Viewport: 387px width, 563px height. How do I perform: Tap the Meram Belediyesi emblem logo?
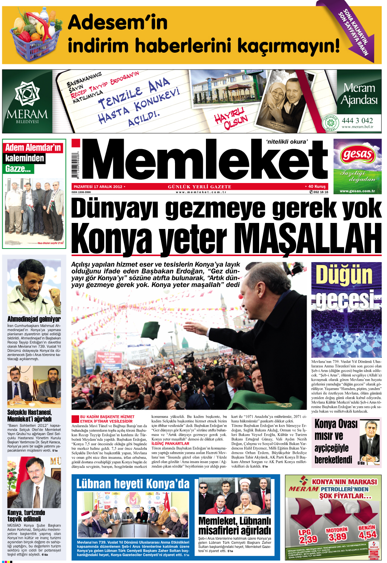[x=27, y=94]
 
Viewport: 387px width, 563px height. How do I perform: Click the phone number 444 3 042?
[x=357, y=121]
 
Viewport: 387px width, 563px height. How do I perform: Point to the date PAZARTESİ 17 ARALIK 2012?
[x=98, y=186]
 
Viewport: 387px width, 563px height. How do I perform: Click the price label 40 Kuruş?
[x=316, y=186]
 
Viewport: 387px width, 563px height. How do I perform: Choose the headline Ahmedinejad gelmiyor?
[x=34, y=319]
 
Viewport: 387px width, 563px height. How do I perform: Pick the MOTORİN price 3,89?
[x=337, y=536]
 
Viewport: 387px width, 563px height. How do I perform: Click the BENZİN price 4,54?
[x=367, y=534]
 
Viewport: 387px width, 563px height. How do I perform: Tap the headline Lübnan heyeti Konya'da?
[x=133, y=484]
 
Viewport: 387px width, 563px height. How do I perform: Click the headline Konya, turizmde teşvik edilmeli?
[x=26, y=516]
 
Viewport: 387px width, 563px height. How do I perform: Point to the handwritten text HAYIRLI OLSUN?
[x=231, y=118]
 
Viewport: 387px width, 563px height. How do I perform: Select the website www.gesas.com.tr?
[x=357, y=191]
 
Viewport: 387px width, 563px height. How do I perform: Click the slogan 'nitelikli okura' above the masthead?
[x=287, y=142]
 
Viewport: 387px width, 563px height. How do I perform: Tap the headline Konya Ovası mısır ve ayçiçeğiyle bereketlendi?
[x=333, y=441]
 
